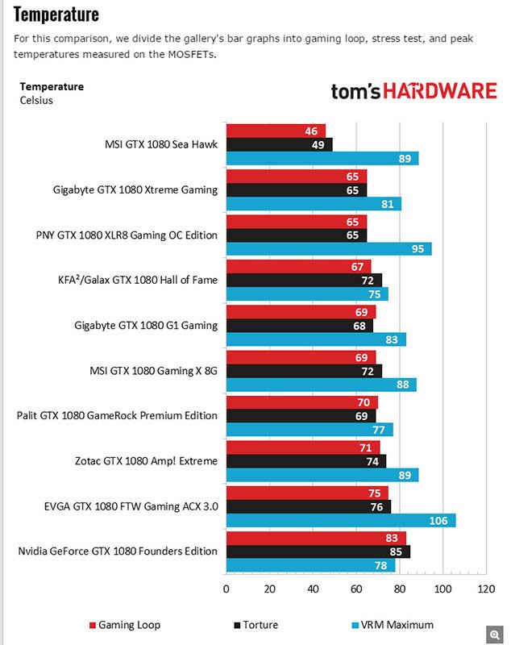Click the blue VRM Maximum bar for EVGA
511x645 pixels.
pos(340,521)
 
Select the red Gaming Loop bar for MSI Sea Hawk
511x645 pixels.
pos(276,131)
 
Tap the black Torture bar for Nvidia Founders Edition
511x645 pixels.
pos(318,552)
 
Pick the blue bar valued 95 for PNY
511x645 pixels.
pos(328,249)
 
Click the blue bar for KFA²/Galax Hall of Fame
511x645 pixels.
pos(306,294)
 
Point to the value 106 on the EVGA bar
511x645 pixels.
pos(438,521)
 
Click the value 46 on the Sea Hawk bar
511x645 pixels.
pos(310,131)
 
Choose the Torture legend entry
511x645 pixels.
pos(257,625)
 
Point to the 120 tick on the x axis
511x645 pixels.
pos(485,589)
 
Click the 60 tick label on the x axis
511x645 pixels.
pos(355,589)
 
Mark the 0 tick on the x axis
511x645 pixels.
pos(226,589)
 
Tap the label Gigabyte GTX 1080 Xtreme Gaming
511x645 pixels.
pos(135,190)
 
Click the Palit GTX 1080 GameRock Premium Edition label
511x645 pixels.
pos(117,416)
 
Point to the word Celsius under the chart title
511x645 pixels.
pos(37,101)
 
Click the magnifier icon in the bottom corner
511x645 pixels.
pos(491,633)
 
